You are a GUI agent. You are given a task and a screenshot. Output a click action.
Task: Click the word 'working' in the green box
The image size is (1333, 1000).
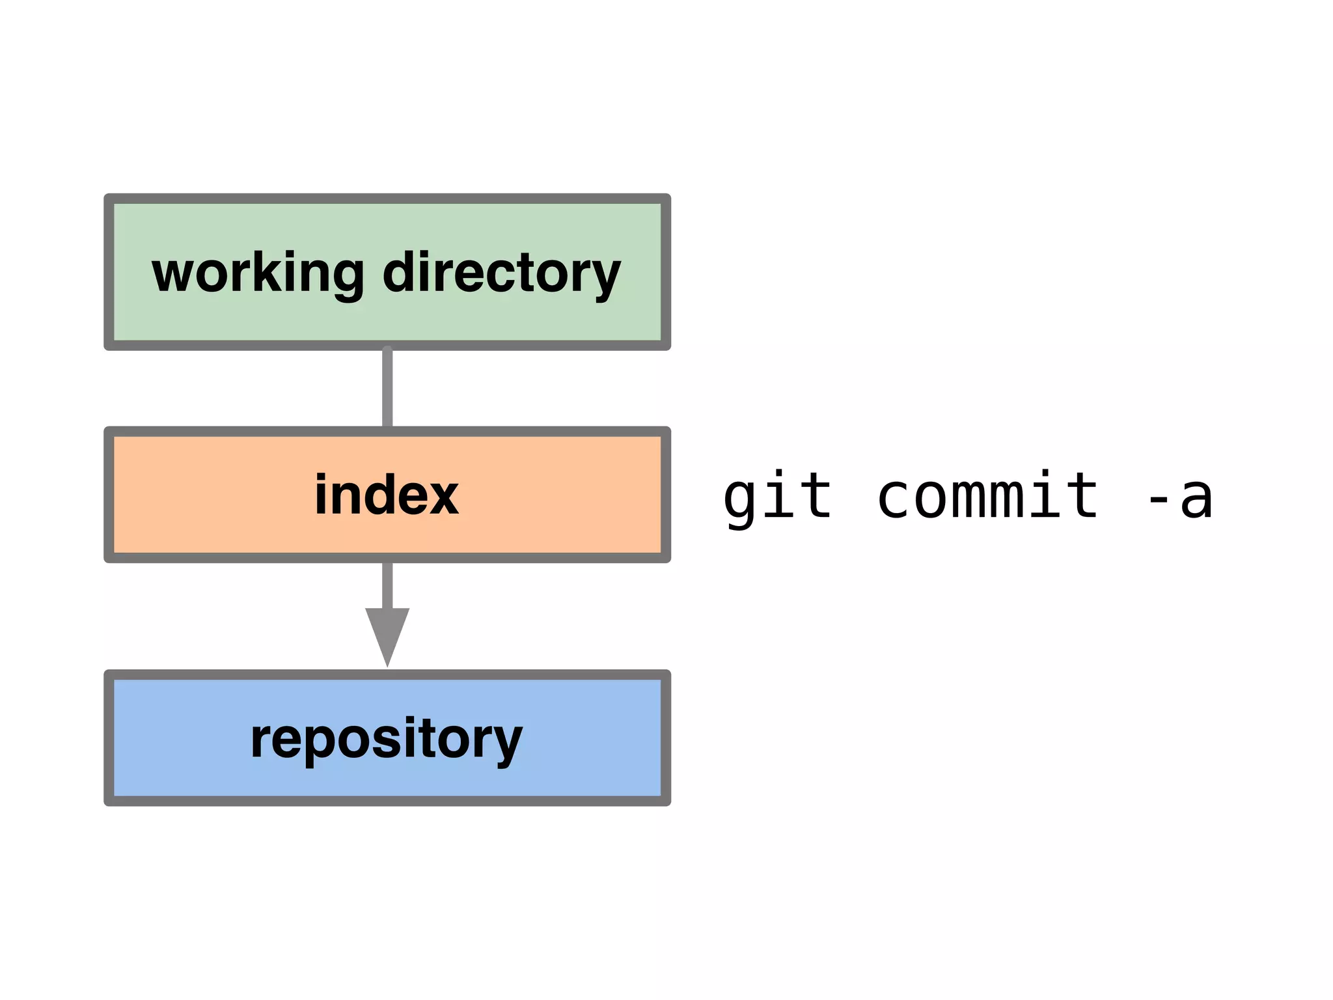258,273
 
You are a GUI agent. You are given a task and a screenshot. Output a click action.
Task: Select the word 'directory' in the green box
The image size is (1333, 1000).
501,273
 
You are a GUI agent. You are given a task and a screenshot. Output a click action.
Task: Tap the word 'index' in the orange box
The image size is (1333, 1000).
387,495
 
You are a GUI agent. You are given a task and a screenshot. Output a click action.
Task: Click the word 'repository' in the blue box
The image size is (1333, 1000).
387,739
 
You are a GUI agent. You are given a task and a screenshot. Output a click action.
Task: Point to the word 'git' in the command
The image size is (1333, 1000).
778,497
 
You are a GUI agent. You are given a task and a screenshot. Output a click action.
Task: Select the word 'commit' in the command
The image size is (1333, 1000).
987,497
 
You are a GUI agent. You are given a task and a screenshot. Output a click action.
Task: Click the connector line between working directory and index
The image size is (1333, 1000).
387,388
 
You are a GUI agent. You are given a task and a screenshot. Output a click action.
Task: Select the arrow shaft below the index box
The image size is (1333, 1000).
387,585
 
